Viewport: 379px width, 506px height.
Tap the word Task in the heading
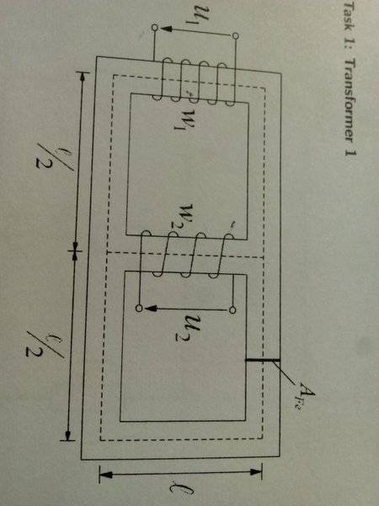tap(350, 21)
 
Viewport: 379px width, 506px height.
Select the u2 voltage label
tap(187, 330)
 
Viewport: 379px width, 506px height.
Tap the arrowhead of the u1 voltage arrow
tap(165, 29)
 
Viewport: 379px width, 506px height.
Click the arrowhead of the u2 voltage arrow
tap(150, 309)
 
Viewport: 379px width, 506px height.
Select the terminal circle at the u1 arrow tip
tap(155, 28)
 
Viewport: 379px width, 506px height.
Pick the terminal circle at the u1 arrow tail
tap(236, 35)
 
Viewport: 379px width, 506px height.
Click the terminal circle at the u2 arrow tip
tap(139, 309)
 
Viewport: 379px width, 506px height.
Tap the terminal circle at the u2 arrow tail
tap(232, 310)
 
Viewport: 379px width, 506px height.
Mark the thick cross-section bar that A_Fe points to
tap(262, 359)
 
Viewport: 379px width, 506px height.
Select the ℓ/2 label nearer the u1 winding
tap(54, 157)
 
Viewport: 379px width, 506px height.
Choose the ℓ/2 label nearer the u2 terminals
tap(45, 344)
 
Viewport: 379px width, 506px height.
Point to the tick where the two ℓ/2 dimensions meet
tap(75, 250)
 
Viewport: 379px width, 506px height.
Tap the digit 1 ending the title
tap(350, 151)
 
